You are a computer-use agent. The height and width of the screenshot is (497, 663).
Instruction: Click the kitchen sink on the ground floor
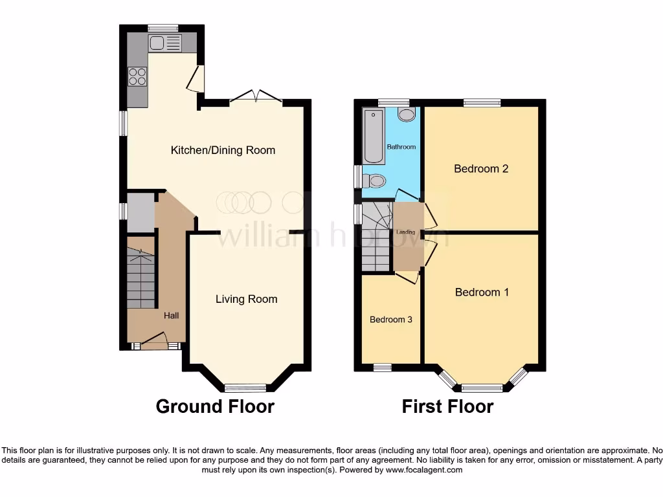[164, 43]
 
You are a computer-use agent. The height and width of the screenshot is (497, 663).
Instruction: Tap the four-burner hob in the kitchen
[137, 77]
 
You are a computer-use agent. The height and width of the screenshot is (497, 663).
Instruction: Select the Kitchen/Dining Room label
[223, 150]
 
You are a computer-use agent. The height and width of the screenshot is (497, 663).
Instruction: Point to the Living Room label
[246, 299]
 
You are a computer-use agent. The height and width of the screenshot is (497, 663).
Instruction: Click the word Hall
[171, 316]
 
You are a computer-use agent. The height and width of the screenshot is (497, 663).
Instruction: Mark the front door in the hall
[155, 340]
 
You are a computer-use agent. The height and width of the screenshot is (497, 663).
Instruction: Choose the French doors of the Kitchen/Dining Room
[256, 97]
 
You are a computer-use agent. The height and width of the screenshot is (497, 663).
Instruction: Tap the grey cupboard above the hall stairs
[140, 212]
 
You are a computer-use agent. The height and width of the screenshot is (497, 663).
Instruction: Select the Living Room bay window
[245, 388]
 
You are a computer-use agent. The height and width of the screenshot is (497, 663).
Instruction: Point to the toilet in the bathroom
[375, 181]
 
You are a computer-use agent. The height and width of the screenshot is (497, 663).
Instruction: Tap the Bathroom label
[401, 147]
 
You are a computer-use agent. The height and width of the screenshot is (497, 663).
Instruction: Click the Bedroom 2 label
[481, 169]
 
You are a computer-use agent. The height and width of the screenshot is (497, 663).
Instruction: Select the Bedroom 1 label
[482, 293]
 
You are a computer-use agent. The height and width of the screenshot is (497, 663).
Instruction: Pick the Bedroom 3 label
[391, 320]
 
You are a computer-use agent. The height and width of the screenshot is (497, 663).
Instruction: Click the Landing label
[406, 232]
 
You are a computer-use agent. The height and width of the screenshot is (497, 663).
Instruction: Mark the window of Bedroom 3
[383, 368]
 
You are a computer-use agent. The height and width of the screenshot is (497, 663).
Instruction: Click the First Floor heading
[447, 406]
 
